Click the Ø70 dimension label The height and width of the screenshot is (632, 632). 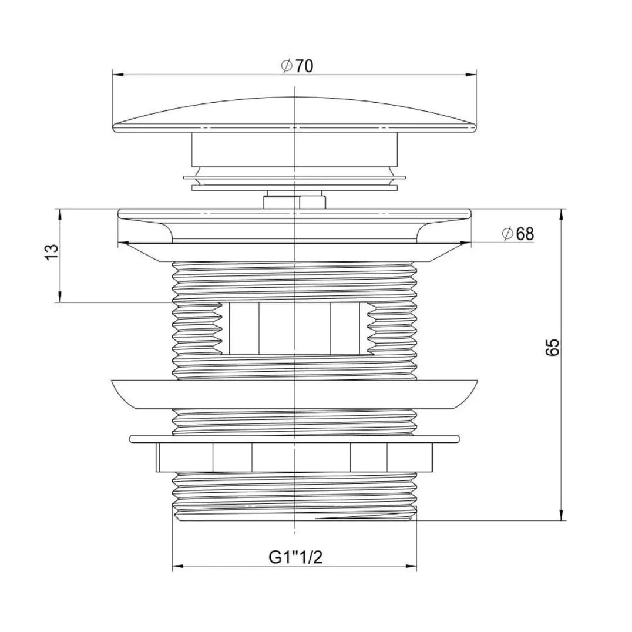point(297,66)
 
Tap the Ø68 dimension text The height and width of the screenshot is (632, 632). point(518,234)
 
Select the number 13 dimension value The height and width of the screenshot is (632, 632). point(52,253)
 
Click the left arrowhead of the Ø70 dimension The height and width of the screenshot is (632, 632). point(117,75)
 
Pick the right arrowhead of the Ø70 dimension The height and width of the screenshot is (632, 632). point(471,75)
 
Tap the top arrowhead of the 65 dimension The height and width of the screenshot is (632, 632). point(561,214)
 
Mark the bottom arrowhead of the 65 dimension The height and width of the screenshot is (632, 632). point(561,515)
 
